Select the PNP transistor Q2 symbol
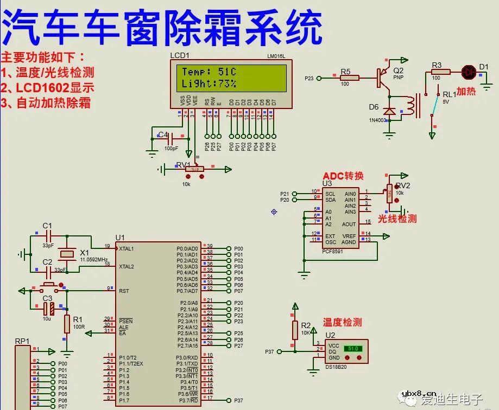click(383, 77)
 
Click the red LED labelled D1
click(469, 71)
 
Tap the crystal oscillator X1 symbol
click(67, 254)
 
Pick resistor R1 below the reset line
click(67, 324)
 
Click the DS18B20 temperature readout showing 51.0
click(353, 349)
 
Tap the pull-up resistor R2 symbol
click(295, 330)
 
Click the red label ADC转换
click(343, 176)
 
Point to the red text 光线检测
click(397, 219)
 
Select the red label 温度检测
click(342, 322)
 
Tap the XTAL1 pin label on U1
click(129, 248)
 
